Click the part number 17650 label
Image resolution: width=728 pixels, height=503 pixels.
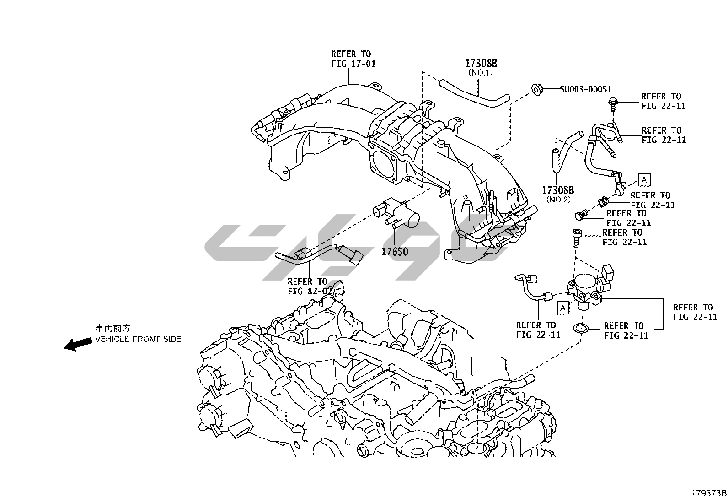coord(395,251)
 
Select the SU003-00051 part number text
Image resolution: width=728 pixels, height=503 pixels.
coord(586,90)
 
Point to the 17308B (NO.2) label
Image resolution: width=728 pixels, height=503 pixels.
coord(557,194)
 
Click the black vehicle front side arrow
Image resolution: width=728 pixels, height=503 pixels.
coord(77,344)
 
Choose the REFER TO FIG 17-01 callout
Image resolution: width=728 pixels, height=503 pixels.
coord(353,59)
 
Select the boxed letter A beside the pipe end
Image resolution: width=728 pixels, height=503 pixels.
coord(644,180)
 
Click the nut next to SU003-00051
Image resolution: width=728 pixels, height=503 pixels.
coord(537,89)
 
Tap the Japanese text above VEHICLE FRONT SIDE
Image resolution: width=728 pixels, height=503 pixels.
coord(112,328)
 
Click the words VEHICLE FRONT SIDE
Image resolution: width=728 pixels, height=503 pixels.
coord(138,339)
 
